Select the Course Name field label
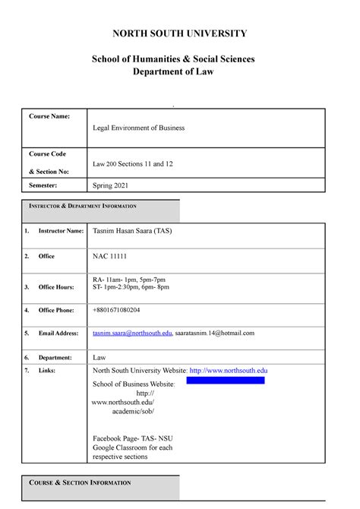tap(49, 115)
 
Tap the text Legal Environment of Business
tap(138, 128)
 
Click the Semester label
tap(48, 185)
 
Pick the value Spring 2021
tap(112, 185)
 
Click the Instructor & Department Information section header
tap(83, 207)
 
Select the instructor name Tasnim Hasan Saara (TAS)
tap(134, 231)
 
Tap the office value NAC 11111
tap(109, 257)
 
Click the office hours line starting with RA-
tap(134, 280)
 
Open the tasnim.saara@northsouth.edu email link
tap(131, 333)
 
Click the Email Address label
tap(58, 333)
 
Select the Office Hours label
tap(56, 287)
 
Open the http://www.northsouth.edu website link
tap(228, 371)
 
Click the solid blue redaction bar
tap(226, 380)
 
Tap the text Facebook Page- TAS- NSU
tap(134, 438)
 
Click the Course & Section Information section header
tap(80, 483)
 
